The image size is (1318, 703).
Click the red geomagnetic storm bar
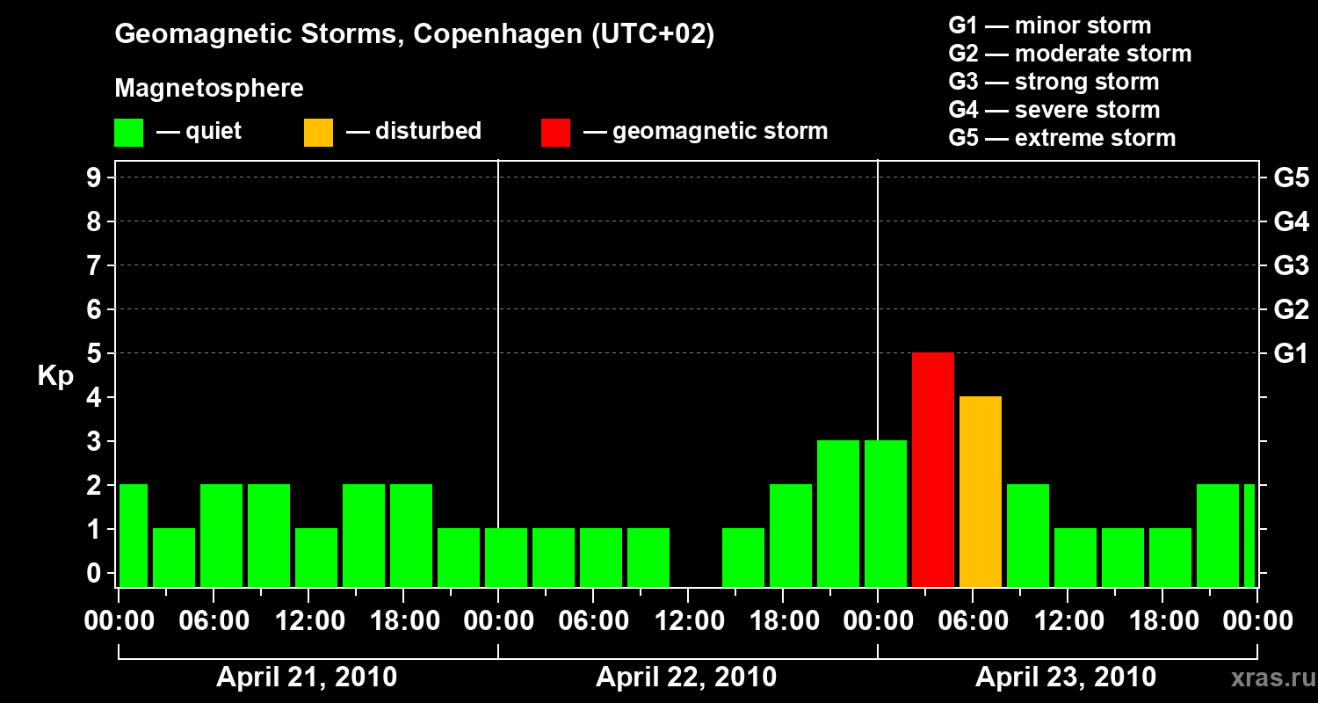[x=933, y=469]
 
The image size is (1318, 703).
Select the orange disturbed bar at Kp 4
[x=981, y=491]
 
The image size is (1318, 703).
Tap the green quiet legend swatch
[x=129, y=132]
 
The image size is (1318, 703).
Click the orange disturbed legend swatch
[x=319, y=132]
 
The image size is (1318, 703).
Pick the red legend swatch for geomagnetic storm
[x=556, y=132]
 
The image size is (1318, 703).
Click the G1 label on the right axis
[x=1291, y=354]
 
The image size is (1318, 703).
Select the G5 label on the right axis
[x=1291, y=178]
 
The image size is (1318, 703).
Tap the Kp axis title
[x=55, y=376]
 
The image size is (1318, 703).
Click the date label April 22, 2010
[x=686, y=678]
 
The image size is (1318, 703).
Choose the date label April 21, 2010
[x=307, y=678]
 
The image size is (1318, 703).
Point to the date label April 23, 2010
[x=1066, y=678]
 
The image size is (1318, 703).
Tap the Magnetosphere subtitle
[x=209, y=89]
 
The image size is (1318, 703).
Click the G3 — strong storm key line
[x=1054, y=82]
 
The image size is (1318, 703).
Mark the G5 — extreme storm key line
[x=1061, y=138]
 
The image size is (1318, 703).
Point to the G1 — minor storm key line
[x=1049, y=25]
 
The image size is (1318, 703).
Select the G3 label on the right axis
[x=1291, y=266]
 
